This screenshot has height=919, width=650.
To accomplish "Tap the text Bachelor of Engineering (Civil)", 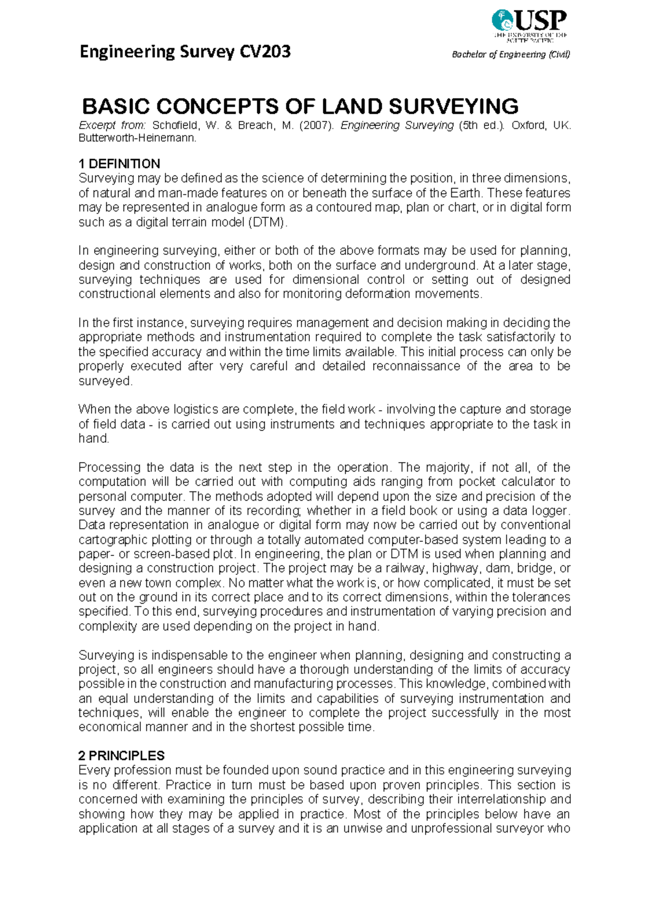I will coord(511,54).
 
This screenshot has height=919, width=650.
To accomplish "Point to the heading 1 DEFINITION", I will coord(119,164).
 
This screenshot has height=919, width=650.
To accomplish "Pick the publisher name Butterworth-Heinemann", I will coord(137,138).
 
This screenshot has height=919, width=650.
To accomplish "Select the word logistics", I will coord(181,409).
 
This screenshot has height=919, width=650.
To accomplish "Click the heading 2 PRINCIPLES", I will coord(121,755).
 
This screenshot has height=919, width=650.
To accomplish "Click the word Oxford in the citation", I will coord(528,125).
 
